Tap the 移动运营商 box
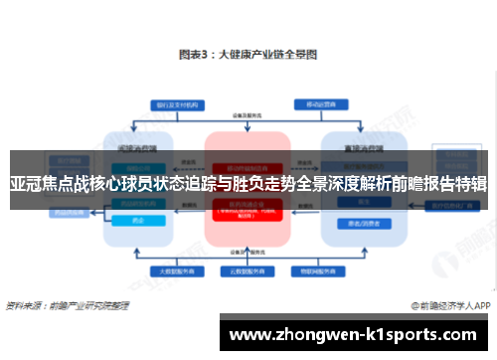pyautogui.click(x=316, y=104)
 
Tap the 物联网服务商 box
pyautogui.click(x=316, y=269)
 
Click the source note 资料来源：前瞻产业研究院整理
pyautogui.click(x=64, y=305)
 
